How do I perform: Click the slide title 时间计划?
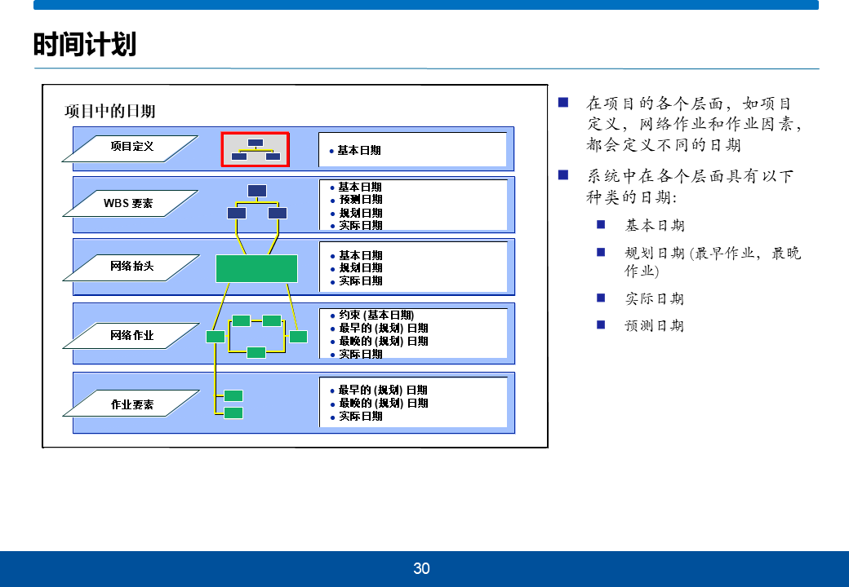tap(85, 44)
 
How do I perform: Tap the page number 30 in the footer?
tap(421, 569)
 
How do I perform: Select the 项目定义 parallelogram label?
tap(131, 147)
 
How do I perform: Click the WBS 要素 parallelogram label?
tap(128, 203)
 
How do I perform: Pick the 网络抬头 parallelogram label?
tap(131, 267)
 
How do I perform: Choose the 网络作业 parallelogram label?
tap(131, 335)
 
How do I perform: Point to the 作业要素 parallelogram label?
tap(131, 404)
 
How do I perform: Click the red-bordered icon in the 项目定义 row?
tap(256, 150)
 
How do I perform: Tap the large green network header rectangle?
tap(256, 268)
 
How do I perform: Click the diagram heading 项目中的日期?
tap(109, 111)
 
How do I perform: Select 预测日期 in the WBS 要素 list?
tap(360, 200)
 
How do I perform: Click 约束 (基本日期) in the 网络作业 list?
tap(376, 316)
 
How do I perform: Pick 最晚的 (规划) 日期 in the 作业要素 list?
tap(383, 404)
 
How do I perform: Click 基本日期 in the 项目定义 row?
tap(359, 150)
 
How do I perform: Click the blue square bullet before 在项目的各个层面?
tap(562, 103)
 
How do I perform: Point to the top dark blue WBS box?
tap(257, 191)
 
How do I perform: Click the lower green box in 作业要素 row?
tap(233, 413)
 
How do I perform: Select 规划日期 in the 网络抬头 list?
tap(361, 268)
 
